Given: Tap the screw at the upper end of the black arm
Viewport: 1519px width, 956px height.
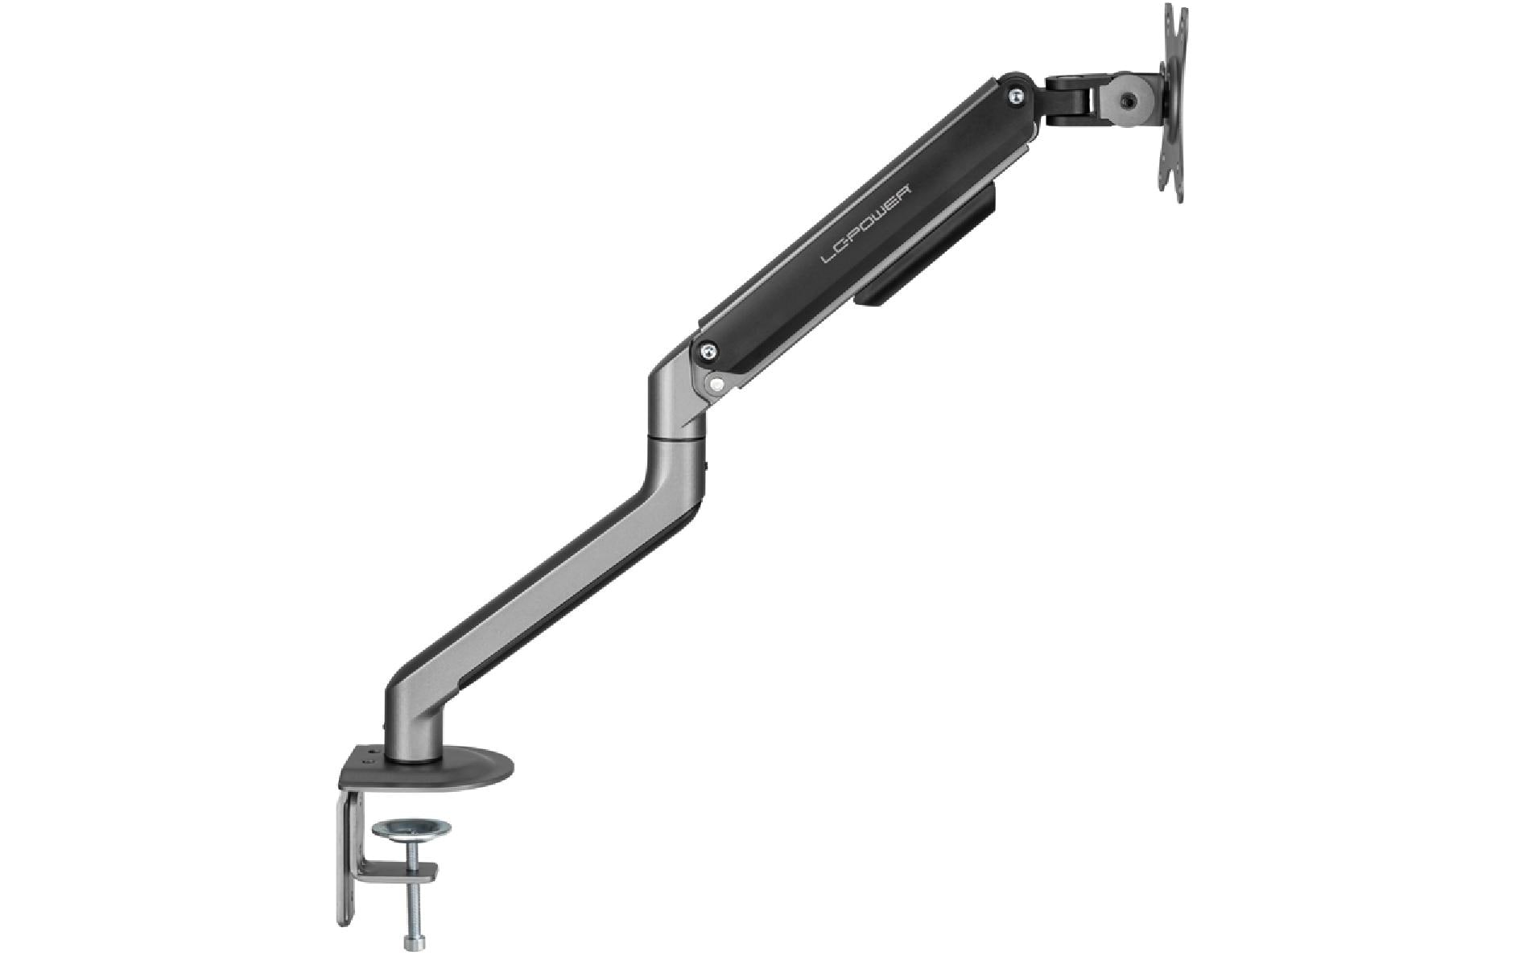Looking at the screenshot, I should pos(1017,95).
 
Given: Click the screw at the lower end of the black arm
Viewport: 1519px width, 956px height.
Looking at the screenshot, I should pos(708,350).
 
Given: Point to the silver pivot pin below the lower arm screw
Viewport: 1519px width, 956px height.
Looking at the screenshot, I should pos(715,385).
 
